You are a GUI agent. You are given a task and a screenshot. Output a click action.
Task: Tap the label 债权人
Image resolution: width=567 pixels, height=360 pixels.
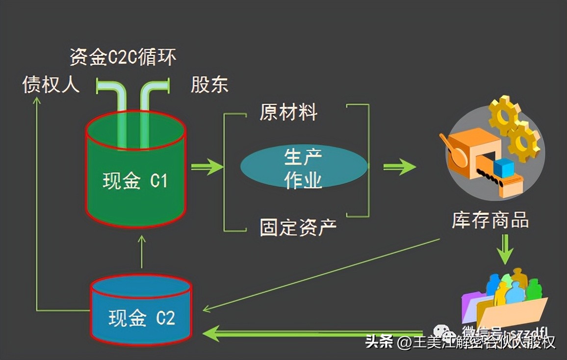(x=51, y=85)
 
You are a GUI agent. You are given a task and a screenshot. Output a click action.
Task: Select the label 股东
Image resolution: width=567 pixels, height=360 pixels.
(x=209, y=85)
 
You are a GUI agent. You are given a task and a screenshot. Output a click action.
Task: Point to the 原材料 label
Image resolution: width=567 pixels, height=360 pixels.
(x=289, y=112)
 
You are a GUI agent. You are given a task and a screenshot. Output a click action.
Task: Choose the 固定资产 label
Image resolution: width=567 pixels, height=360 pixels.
(x=298, y=227)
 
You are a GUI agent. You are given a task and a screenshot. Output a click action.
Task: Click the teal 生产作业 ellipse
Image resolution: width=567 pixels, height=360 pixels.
(x=304, y=167)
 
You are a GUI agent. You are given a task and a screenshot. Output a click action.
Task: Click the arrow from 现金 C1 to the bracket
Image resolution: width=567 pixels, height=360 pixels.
(x=206, y=167)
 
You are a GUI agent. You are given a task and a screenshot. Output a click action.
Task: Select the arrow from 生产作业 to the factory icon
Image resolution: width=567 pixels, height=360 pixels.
(x=399, y=167)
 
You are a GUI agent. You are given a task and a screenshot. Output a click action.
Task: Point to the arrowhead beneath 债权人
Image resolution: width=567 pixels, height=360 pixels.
(x=36, y=100)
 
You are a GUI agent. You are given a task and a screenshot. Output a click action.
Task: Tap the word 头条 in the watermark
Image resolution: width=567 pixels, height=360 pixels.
(x=379, y=341)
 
